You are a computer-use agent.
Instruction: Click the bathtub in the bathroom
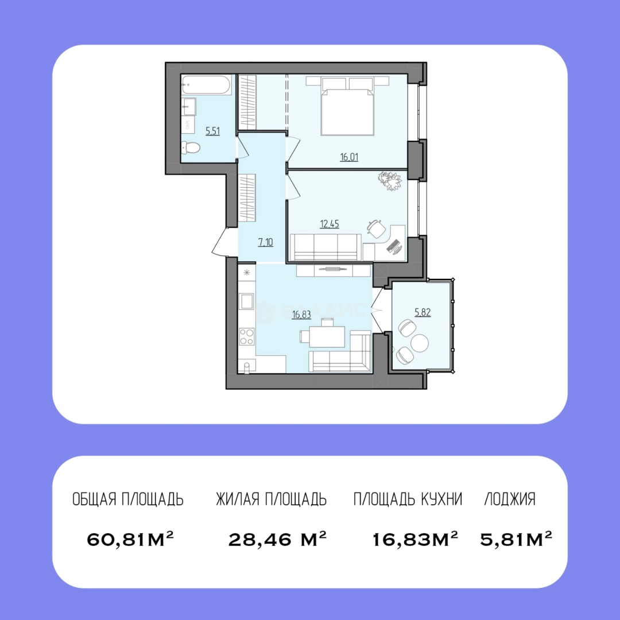[x=207, y=84]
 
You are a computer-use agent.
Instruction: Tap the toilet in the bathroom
[x=191, y=148]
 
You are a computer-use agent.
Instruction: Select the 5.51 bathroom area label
[x=213, y=131]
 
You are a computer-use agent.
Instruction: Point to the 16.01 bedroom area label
[x=349, y=157]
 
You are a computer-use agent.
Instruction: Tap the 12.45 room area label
[x=330, y=224]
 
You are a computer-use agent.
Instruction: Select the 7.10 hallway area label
[x=266, y=242]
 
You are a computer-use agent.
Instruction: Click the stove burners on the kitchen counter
[x=247, y=336]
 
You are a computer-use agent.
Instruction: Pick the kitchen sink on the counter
[x=247, y=301]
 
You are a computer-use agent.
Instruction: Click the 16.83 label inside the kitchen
[x=301, y=315]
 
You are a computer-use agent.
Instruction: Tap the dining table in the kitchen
[x=327, y=336]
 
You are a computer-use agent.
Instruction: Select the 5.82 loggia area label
[x=423, y=312]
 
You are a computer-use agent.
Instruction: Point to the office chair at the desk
[x=376, y=228]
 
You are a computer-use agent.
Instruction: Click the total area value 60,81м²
[x=130, y=539]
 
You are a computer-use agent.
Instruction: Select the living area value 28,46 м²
[x=278, y=539]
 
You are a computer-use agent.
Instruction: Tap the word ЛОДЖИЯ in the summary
[x=510, y=499]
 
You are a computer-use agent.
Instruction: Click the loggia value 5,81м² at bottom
[x=516, y=539]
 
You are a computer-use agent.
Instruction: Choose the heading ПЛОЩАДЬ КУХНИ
[x=408, y=499]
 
